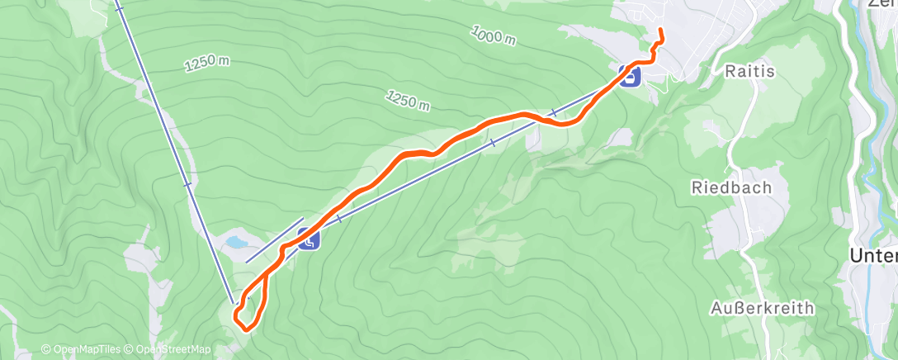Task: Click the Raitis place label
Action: click(750, 72)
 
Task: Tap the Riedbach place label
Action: click(731, 187)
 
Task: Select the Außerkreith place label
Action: click(762, 308)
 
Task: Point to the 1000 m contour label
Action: click(494, 36)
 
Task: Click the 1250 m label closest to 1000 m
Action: click(408, 100)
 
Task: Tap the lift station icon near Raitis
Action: click(631, 77)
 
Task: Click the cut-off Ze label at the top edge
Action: click(882, 3)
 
